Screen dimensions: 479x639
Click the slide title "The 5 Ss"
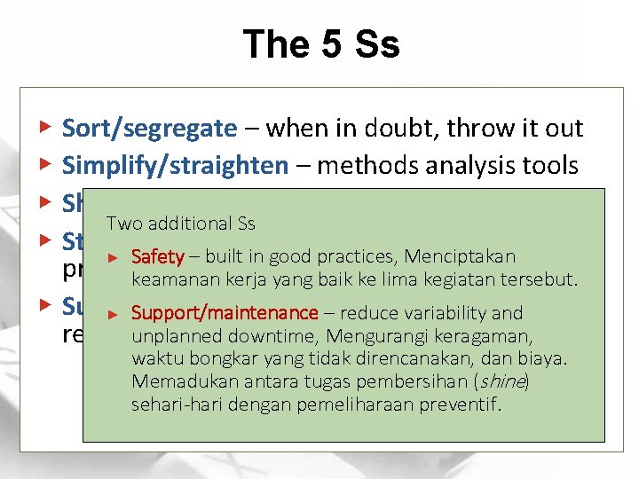click(320, 44)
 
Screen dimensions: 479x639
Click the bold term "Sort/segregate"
click(149, 129)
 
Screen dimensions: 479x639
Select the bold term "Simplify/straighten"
click(175, 165)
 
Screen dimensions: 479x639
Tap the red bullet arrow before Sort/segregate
click(46, 128)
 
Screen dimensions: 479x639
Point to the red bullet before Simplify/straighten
click(46, 164)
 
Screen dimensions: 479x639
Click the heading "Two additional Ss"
click(168, 223)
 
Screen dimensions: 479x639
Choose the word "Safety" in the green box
click(157, 257)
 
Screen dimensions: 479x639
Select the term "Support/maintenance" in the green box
click(224, 312)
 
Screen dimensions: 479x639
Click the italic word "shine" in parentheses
click(501, 381)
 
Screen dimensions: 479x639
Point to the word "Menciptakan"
click(460, 257)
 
